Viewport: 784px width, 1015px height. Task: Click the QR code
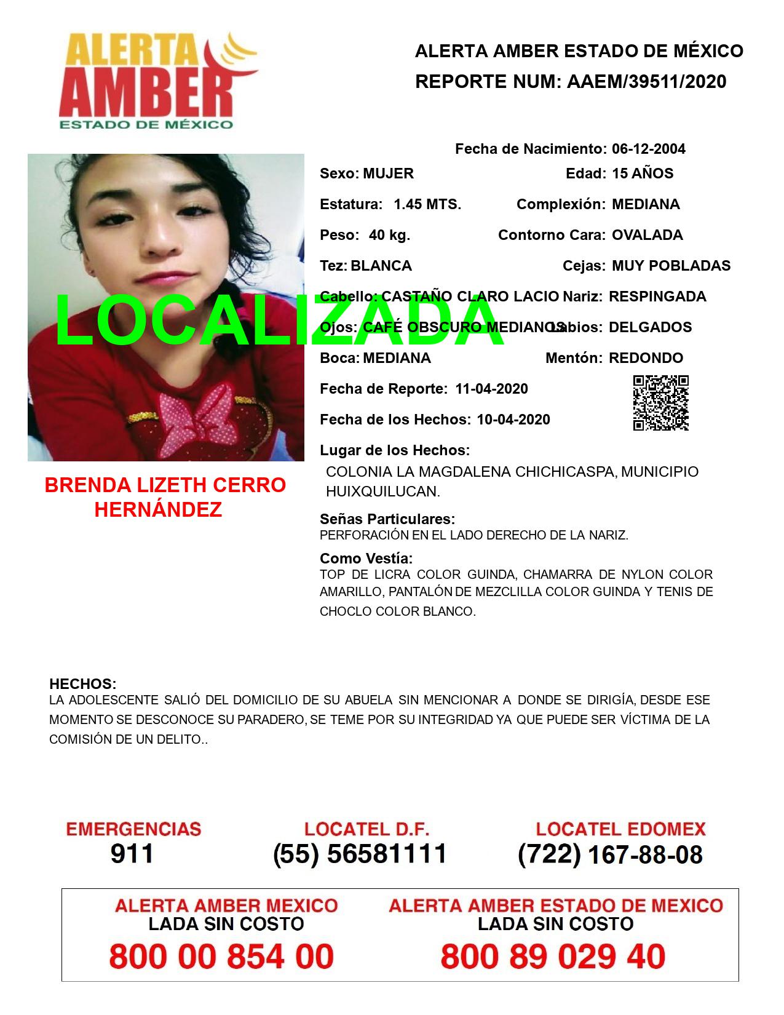(660, 403)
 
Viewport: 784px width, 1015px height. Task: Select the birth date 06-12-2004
(648, 149)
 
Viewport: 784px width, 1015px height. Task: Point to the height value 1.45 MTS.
(427, 204)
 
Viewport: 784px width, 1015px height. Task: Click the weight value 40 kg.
(389, 235)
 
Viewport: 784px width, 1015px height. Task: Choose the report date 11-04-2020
(491, 389)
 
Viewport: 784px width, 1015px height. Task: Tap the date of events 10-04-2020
(513, 420)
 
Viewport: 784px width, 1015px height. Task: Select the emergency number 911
(132, 854)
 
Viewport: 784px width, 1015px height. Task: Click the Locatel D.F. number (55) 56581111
(360, 854)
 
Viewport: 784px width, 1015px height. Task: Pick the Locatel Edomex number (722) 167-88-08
(610, 854)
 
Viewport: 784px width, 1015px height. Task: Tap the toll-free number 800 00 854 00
(221, 957)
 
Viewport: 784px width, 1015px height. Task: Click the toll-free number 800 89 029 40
(553, 957)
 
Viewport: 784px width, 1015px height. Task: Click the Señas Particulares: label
(387, 519)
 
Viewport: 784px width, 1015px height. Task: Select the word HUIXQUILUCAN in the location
(382, 492)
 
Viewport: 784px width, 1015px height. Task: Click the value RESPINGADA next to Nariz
(657, 297)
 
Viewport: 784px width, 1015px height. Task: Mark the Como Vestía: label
(366, 559)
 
